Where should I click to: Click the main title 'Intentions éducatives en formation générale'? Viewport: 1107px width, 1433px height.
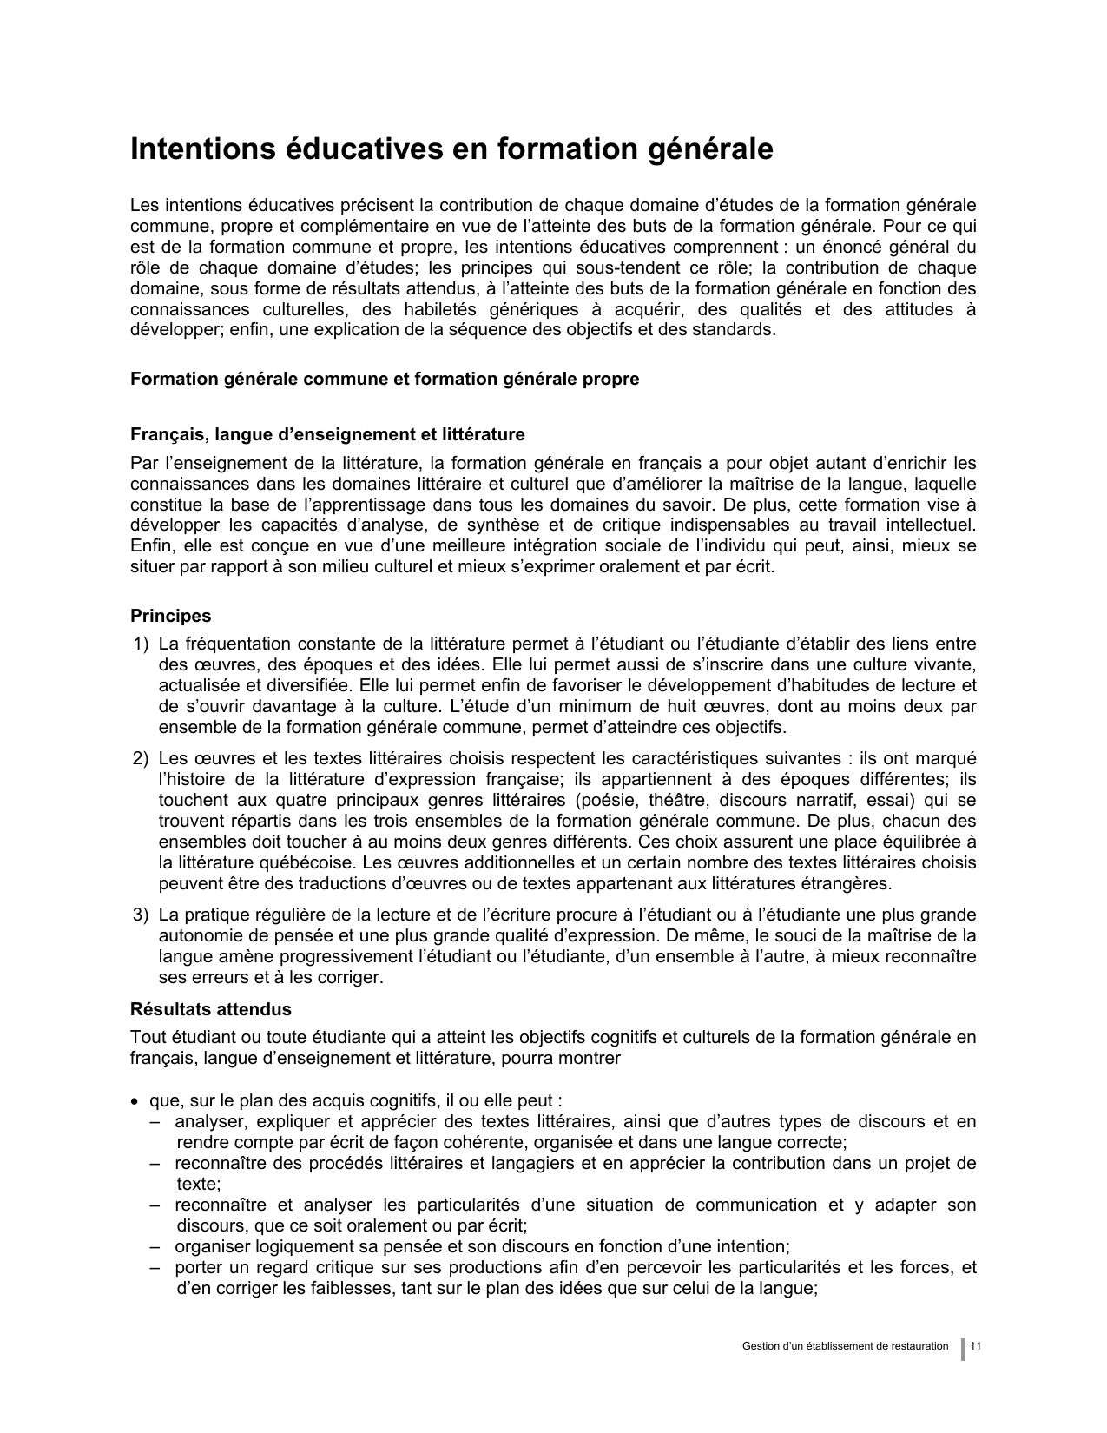(451, 149)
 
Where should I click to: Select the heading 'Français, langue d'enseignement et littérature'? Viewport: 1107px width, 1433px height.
(327, 434)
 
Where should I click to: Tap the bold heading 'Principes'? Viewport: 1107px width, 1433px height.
(170, 616)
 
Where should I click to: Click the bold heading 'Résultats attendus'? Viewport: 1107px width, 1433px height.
(210, 1009)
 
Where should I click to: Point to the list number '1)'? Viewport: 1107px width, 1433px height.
(141, 644)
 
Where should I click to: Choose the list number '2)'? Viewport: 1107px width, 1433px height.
(141, 758)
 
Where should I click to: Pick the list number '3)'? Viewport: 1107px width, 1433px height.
(141, 915)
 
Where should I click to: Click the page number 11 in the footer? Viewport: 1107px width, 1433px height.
(976, 1346)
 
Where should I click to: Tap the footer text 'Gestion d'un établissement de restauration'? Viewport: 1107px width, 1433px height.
(845, 1346)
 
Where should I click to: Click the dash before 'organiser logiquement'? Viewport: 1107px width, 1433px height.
(154, 1246)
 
